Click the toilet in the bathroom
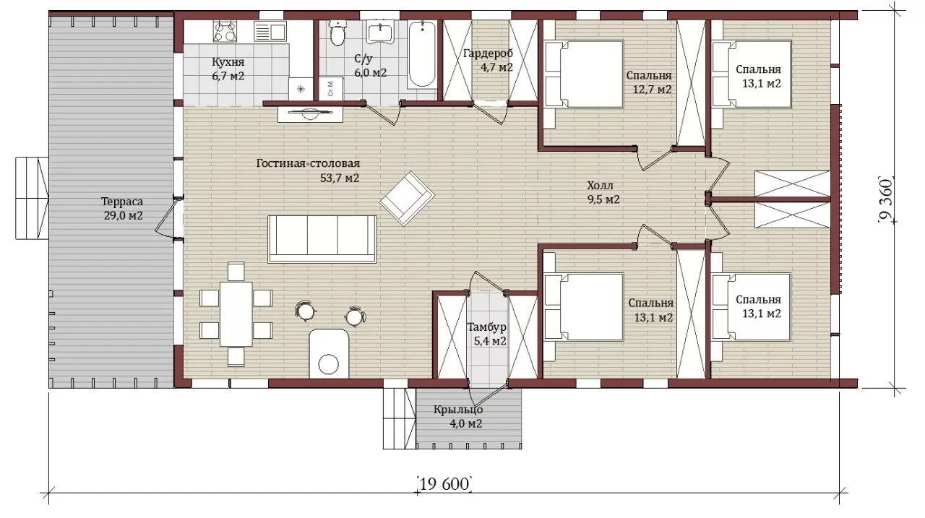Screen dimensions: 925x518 pos(337,33)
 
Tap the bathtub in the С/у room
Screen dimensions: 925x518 pos(421,54)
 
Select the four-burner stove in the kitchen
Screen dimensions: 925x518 pos(225,32)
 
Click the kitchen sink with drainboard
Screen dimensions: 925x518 pos(270,32)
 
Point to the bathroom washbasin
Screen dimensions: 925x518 pos(380,33)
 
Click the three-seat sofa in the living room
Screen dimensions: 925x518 pos(322,239)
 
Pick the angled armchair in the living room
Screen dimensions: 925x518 pos(407,198)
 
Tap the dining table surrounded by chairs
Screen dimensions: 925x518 pos(236,314)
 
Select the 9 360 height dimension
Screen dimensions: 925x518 pos(886,200)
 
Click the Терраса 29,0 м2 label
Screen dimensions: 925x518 pos(123,209)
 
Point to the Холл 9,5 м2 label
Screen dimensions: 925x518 pos(603,192)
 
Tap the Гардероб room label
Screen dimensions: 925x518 pos(488,53)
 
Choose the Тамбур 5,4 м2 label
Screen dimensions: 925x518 pos(487,334)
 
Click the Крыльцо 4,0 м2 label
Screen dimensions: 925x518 pos(458,417)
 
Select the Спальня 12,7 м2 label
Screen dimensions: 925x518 pos(649,82)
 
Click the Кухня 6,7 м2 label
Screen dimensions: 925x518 pos(228,69)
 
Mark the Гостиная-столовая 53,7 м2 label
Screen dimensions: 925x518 pos(308,170)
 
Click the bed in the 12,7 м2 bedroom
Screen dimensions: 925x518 pos(583,74)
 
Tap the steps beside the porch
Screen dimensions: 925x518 pos(400,418)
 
